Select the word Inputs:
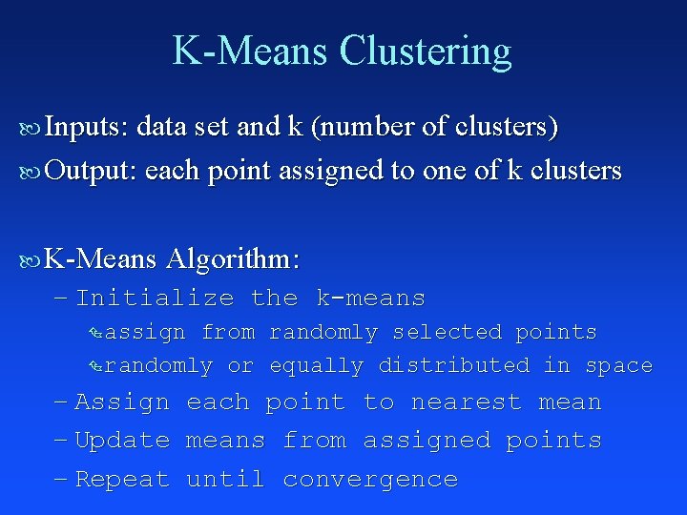point(91,126)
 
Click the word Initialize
point(155,298)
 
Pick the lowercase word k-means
point(370,298)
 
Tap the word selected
point(447,332)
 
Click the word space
point(618,365)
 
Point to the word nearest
point(466,402)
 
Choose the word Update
point(122,441)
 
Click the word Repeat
point(122,479)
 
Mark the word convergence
point(370,479)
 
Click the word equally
point(316,365)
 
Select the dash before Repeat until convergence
point(62,479)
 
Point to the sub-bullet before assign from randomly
point(94,333)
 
